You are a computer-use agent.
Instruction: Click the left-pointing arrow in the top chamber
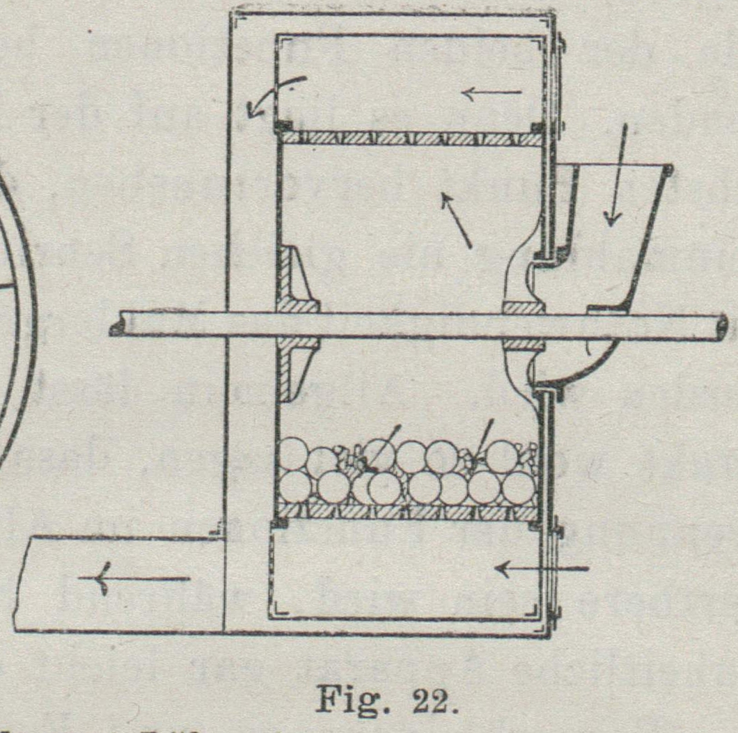[492, 92]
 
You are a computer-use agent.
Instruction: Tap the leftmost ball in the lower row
[295, 486]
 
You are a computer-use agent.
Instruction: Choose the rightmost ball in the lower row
[519, 487]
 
